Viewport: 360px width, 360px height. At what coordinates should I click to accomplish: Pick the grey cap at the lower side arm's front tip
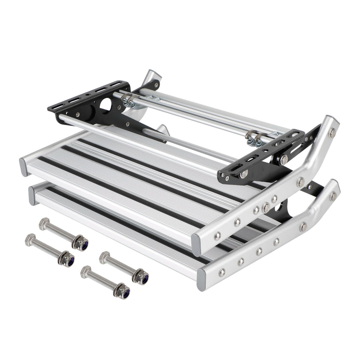pyautogui.click(x=202, y=280)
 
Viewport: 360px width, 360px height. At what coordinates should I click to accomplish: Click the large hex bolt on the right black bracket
pyautogui.click(x=284, y=158)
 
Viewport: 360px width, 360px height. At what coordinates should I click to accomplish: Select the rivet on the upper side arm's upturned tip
pyautogui.click(x=332, y=132)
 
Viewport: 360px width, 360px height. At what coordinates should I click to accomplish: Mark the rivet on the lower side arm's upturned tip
pyautogui.click(x=333, y=196)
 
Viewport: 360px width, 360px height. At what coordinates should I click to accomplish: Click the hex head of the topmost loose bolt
pyautogui.click(x=44, y=223)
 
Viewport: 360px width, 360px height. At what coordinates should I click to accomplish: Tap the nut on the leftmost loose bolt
pyautogui.click(x=67, y=260)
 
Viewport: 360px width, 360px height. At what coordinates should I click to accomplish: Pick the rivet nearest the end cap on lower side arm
pyautogui.click(x=222, y=272)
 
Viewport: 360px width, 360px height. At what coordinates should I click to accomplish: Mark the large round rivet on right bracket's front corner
pyautogui.click(x=243, y=174)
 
